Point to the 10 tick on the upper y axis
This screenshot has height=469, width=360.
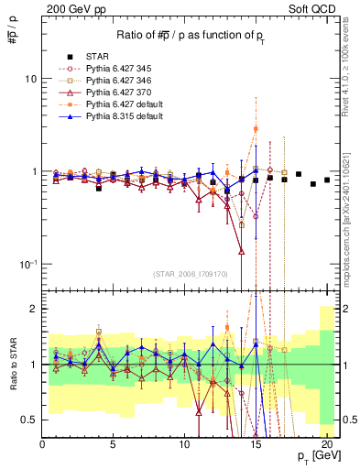coord(30,79)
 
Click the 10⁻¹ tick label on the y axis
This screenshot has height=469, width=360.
coord(27,264)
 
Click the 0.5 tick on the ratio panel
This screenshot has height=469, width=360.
coord(28,420)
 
